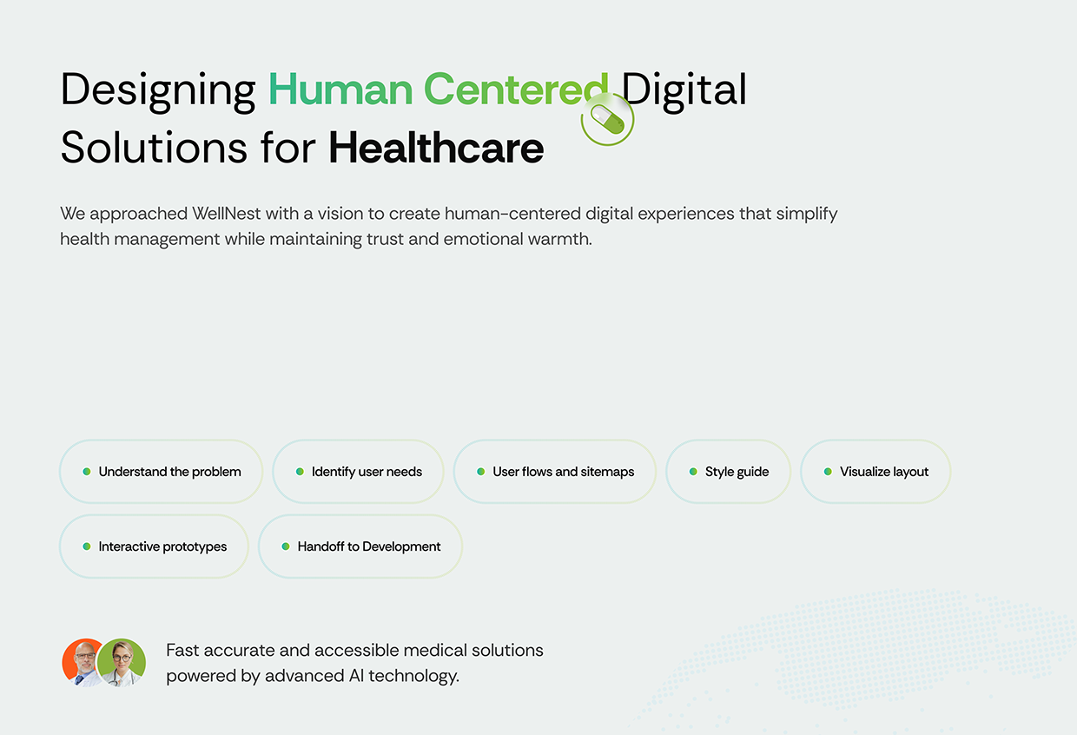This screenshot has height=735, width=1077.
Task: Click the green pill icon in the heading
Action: point(608,119)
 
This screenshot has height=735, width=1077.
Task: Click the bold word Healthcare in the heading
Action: point(436,148)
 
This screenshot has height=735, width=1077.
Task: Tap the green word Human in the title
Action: point(340,89)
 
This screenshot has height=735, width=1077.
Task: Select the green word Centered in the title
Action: point(515,89)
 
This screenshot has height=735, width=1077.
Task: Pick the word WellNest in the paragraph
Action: point(226,214)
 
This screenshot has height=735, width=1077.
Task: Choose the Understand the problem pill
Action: point(161,472)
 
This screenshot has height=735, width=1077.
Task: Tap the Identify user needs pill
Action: point(358,472)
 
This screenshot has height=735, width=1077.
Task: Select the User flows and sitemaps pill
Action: point(554,472)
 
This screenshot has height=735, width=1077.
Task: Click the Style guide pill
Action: point(728,472)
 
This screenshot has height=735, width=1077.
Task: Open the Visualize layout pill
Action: point(875,472)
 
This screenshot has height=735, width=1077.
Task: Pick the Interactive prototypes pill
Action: point(154,546)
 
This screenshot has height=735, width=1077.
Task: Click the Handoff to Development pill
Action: point(360,546)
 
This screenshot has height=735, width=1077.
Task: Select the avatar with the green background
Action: point(122,662)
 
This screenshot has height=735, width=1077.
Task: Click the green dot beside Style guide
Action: point(693,472)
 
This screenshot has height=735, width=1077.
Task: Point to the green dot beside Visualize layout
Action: point(828,472)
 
